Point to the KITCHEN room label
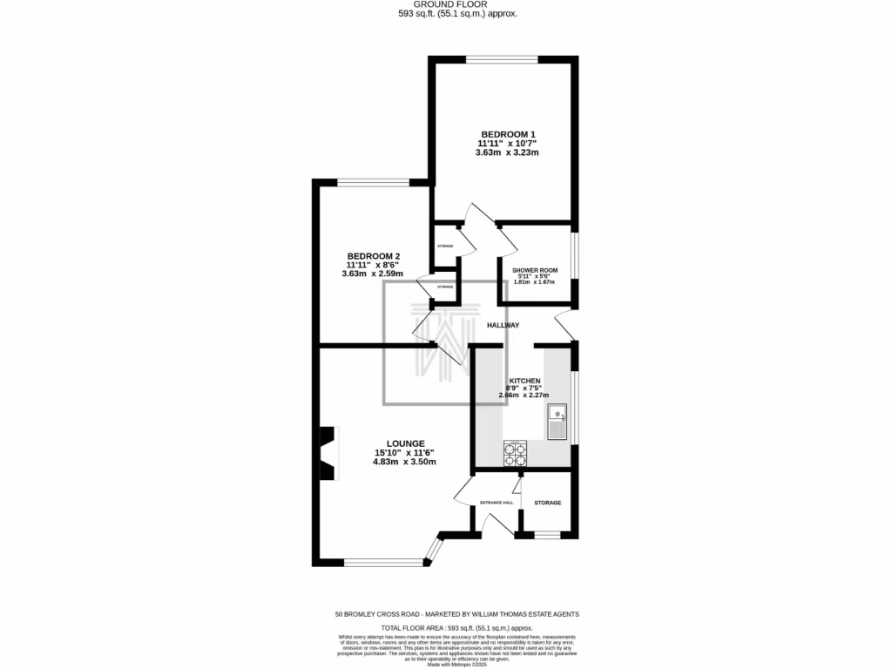pos(524,382)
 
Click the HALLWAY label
pos(503,325)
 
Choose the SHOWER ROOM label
pos(535,270)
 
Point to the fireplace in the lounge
pos(327,453)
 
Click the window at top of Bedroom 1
pos(501,59)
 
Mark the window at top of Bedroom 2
pos(374,183)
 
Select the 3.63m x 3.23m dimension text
pos(507,152)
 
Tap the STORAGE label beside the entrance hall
pos(547,503)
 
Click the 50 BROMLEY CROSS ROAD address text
pos(456,613)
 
